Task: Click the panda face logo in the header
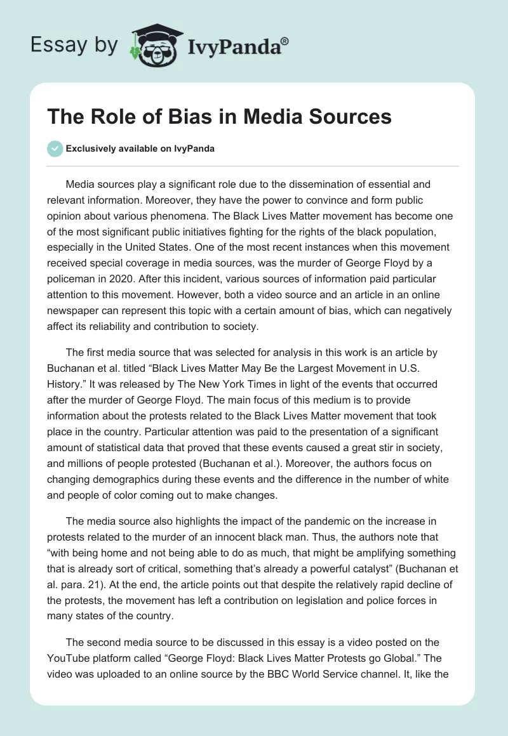click(150, 46)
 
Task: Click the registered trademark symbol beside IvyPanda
click(285, 42)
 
